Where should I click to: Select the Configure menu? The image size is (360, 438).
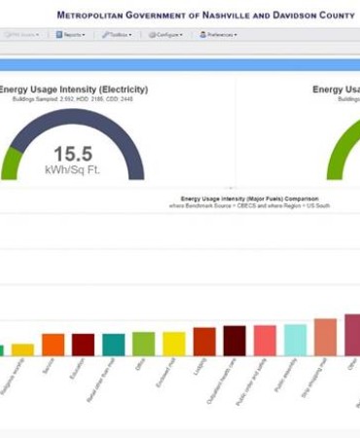pyautogui.click(x=166, y=34)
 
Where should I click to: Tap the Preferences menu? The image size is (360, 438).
pyautogui.click(x=218, y=34)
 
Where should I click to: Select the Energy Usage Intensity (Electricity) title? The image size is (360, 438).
pyautogui.click(x=74, y=90)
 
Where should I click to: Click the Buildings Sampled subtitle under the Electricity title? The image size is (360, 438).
pyautogui.click(x=74, y=99)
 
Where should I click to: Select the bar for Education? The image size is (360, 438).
pyautogui.click(x=84, y=345)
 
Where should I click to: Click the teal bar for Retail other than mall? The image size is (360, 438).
pyautogui.click(x=114, y=345)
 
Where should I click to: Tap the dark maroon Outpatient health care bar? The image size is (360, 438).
pyautogui.click(x=234, y=341)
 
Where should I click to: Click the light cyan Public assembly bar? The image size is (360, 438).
pyautogui.click(x=295, y=340)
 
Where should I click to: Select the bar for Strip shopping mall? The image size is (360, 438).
pyautogui.click(x=325, y=337)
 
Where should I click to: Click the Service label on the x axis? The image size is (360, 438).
pyautogui.click(x=50, y=366)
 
